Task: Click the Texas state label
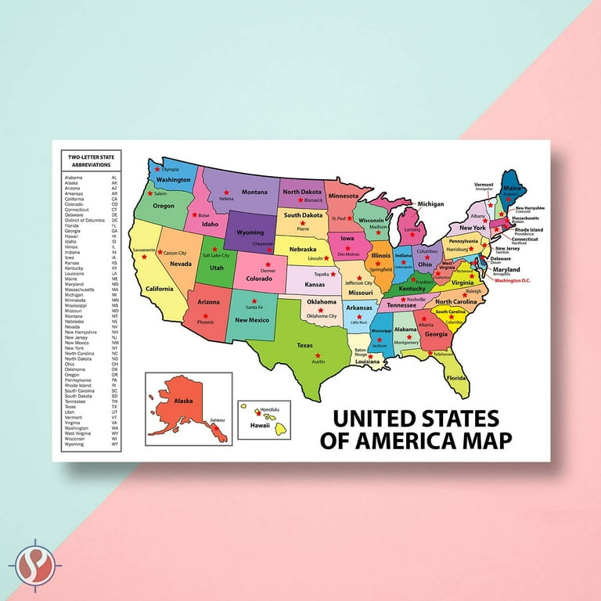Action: click(304, 345)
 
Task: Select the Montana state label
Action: click(254, 192)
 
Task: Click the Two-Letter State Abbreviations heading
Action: click(92, 161)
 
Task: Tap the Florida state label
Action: click(456, 377)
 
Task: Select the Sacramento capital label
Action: click(145, 250)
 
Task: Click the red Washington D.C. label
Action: click(513, 279)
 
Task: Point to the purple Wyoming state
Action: click(250, 232)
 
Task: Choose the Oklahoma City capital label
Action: click(322, 315)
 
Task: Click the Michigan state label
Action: click(430, 204)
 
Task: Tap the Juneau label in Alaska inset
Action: click(218, 420)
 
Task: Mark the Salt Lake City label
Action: click(215, 255)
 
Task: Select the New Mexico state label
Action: click(252, 319)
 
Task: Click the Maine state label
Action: click(512, 189)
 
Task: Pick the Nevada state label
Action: click(181, 264)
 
